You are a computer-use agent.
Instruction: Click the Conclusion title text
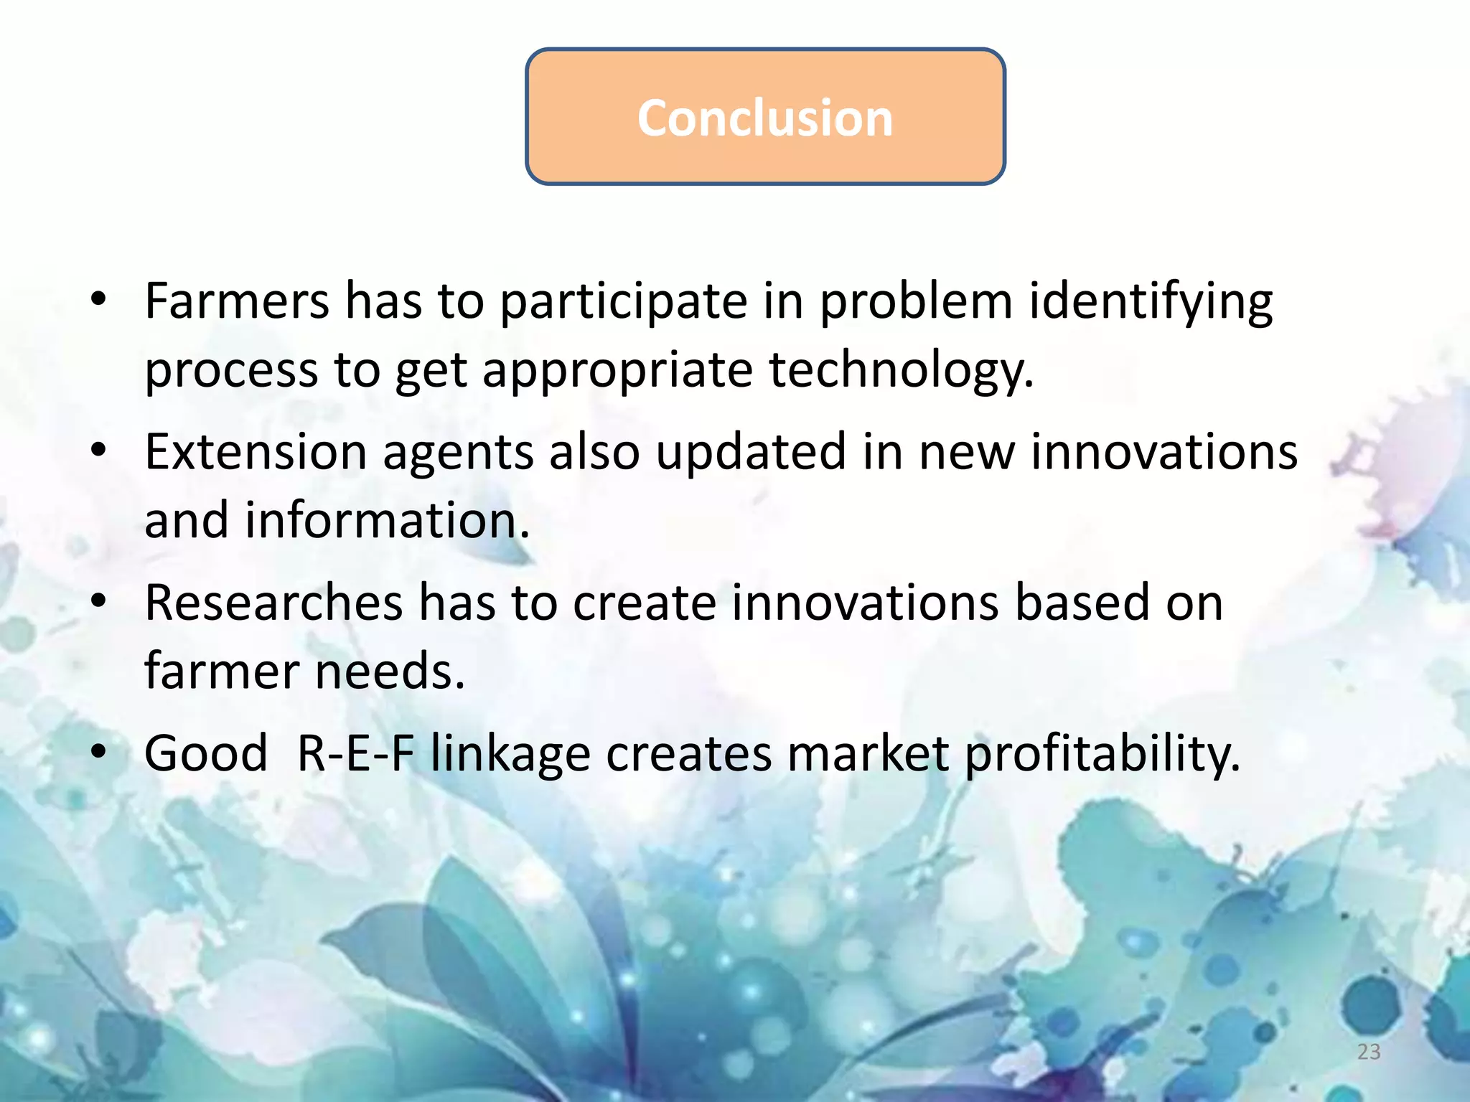765,118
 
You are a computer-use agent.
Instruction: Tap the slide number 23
1369,1052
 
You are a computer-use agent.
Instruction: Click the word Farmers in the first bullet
237,301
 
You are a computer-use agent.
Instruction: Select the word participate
623,302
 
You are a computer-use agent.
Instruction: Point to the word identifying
1151,302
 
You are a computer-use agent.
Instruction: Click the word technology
901,371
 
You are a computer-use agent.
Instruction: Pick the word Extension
256,452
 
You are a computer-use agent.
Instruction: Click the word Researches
273,603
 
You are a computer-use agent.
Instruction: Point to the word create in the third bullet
644,603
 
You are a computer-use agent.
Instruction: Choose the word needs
390,672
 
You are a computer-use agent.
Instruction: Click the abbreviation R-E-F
356,754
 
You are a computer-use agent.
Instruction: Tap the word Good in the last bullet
206,754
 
